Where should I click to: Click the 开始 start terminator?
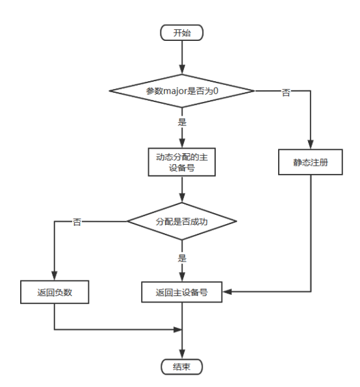[183, 32]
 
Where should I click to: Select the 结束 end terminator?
[183, 366]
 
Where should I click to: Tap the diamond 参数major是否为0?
[183, 90]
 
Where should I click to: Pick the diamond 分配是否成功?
[183, 221]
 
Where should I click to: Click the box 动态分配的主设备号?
[183, 160]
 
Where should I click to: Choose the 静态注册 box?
[310, 162]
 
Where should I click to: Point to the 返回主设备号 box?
[183, 292]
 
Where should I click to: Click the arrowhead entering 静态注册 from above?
[310, 147]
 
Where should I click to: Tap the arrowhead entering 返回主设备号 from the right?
[228, 292]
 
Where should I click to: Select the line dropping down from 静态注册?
[310, 234]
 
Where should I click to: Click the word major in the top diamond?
[179, 90]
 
